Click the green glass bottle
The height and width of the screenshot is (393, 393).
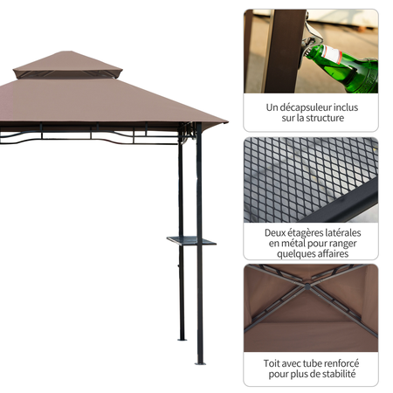pos(349,69)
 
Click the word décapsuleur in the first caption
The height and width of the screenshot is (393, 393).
pos(297,107)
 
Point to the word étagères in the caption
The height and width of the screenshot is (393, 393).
pos(309,233)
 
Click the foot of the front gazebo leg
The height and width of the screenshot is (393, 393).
pos(199,361)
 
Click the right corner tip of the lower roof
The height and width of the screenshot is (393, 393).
pos(226,123)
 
